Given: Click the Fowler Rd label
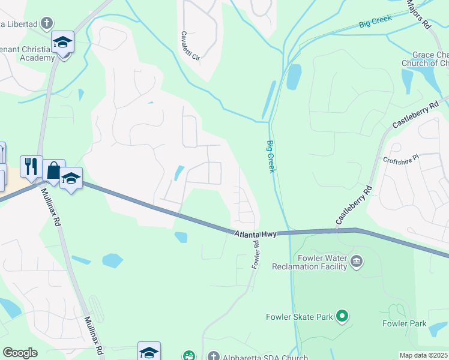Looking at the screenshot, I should coord(256,255).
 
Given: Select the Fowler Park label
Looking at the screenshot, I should coord(404,324).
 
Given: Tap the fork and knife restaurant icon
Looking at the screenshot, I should coord(31,166).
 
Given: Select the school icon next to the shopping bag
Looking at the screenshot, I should coord(71,178).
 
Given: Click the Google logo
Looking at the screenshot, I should coord(20,353).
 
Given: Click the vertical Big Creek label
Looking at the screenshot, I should coord(271,157).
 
